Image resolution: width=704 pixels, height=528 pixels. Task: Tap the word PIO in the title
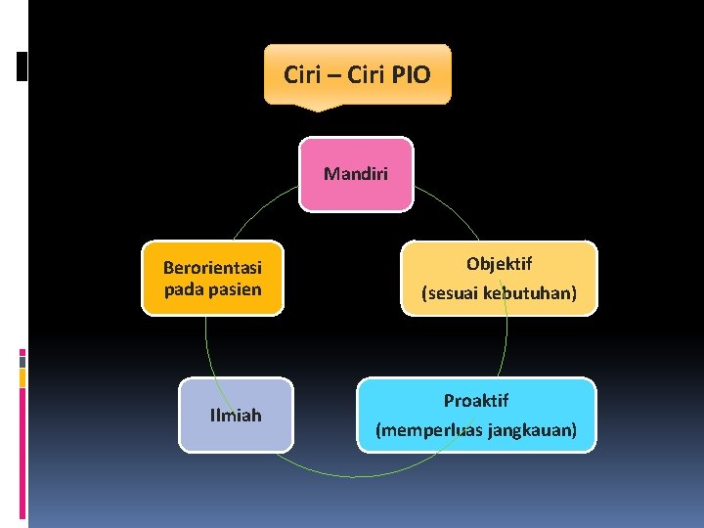411,74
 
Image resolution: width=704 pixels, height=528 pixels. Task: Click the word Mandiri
356,175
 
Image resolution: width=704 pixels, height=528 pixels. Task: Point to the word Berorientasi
212,267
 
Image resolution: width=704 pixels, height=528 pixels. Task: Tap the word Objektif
499,264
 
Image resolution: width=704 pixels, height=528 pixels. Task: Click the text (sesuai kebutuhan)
499,292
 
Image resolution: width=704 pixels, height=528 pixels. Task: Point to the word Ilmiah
236,416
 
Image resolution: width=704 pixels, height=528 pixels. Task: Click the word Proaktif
476,401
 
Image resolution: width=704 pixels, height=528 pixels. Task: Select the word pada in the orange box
184,288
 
